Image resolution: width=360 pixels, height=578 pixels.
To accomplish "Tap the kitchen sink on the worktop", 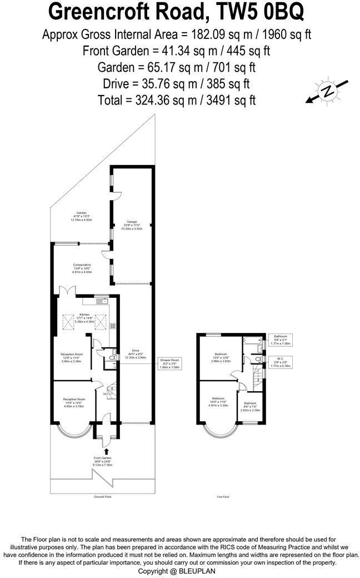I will click(x=102, y=302).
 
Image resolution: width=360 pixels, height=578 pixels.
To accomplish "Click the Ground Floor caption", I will click(x=102, y=497).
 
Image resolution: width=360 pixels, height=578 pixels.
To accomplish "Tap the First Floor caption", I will click(x=224, y=497).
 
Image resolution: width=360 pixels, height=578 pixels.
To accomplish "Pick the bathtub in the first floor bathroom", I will click(x=253, y=339).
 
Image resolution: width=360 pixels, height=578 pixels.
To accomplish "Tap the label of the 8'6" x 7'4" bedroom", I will click(x=249, y=405).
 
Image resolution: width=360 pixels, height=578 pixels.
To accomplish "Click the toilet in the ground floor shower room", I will click(x=112, y=359).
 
